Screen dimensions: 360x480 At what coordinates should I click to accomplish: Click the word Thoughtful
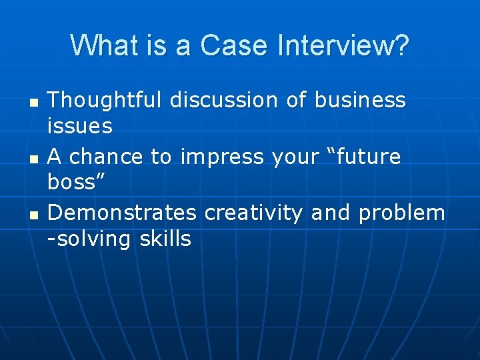[x=105, y=101]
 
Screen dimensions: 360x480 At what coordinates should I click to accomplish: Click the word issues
[x=80, y=125]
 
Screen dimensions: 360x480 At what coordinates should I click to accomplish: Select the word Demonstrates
[x=122, y=213]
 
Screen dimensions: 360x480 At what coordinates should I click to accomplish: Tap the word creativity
[x=254, y=214]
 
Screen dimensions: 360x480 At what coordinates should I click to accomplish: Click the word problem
[x=401, y=214]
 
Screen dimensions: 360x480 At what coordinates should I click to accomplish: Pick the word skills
[x=165, y=239]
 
